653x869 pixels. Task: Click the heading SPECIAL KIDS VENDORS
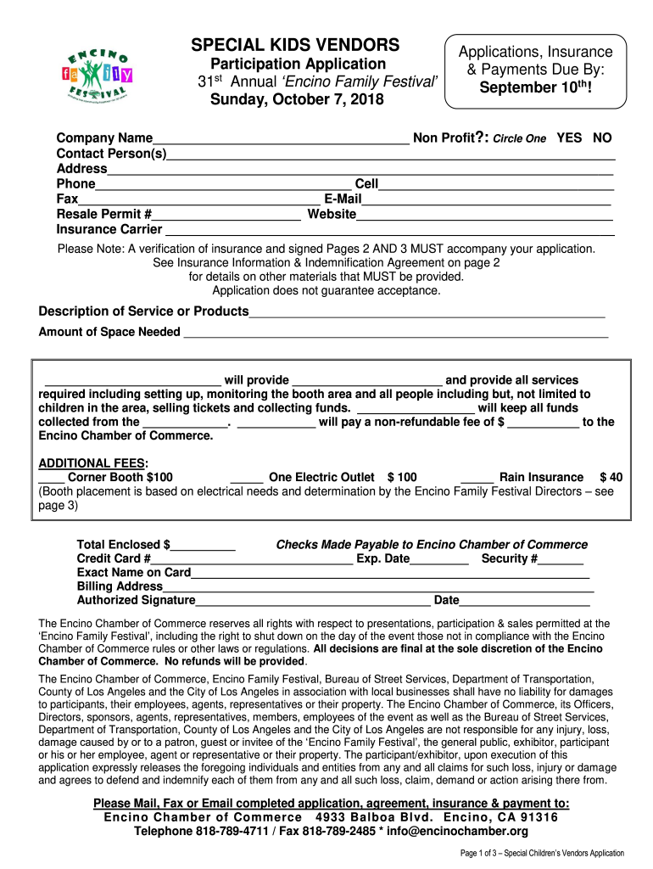[x=295, y=44]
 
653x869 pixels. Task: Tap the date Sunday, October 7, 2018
[x=297, y=100]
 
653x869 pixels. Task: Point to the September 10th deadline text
[x=535, y=87]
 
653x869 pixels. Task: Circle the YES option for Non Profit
[x=569, y=138]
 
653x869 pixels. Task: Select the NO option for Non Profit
[x=602, y=138]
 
